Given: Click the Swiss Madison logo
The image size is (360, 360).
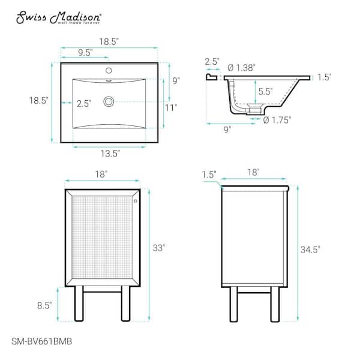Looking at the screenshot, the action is (58, 17).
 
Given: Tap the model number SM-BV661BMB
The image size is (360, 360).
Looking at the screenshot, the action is (42, 341).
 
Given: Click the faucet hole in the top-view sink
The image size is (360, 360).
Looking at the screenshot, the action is (109, 70).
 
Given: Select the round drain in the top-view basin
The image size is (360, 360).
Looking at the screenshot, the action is (109, 101).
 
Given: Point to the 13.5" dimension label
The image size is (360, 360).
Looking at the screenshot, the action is (110, 154).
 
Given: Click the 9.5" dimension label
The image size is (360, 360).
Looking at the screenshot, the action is (85, 53).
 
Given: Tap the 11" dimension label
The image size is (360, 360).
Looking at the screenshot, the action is (171, 107).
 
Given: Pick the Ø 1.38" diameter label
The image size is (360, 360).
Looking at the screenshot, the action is (241, 68).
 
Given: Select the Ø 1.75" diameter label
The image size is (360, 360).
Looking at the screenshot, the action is (277, 120).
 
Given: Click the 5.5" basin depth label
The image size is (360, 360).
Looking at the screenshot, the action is (265, 92).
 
